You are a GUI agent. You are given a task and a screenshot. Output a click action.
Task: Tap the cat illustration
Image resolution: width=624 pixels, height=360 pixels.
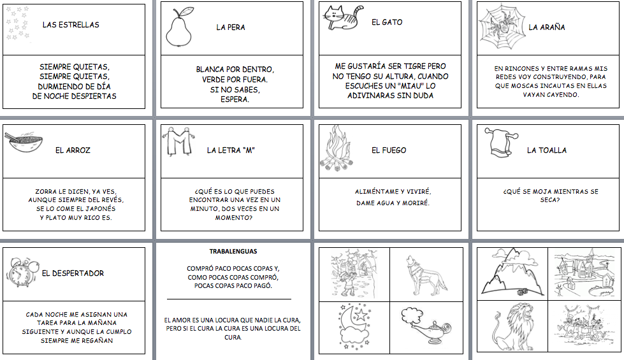click(343, 18)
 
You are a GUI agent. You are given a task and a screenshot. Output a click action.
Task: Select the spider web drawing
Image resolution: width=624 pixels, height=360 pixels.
click(500, 27)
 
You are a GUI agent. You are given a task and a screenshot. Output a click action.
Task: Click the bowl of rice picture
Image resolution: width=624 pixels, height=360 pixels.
click(24, 143)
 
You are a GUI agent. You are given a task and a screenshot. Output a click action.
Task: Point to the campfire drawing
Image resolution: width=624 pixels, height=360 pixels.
click(337, 148)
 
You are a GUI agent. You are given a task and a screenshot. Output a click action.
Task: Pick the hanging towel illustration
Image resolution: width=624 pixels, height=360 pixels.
click(501, 143)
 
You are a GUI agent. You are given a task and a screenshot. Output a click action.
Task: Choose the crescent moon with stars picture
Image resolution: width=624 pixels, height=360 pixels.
click(354, 326)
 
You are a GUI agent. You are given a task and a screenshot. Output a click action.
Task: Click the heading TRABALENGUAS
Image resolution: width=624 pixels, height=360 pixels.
click(233, 252)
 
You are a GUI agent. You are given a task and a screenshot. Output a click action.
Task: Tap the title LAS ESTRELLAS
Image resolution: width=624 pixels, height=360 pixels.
click(71, 25)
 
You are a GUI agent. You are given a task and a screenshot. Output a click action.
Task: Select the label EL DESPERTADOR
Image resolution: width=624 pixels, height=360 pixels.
click(73, 273)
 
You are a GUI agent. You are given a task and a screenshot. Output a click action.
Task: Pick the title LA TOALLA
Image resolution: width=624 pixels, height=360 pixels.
click(547, 150)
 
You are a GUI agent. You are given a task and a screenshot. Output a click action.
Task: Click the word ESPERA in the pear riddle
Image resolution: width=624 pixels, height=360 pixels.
click(235, 99)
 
